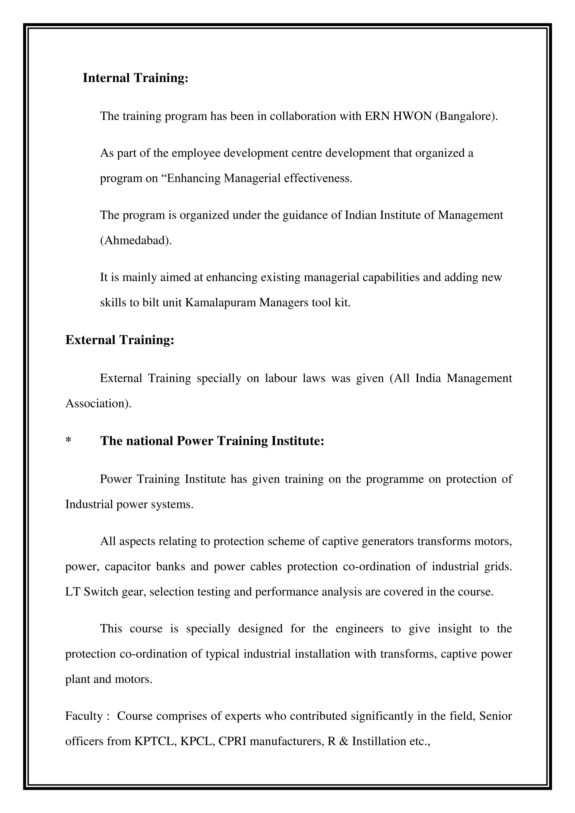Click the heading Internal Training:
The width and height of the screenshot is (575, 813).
[135, 78]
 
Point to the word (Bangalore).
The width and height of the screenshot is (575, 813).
[466, 116]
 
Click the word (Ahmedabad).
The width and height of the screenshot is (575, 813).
[136, 240]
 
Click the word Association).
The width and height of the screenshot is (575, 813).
[98, 404]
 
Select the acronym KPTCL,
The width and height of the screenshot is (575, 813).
[156, 741]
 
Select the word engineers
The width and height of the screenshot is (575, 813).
[359, 629]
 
